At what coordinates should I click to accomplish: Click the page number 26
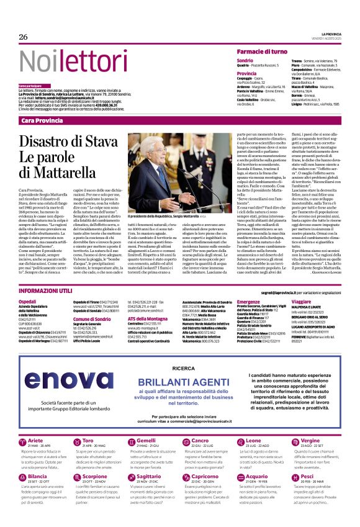pyautogui.click(x=24, y=37)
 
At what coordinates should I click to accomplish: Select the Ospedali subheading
pyautogui.click(x=28, y=302)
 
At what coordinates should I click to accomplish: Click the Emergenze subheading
pyautogui.click(x=248, y=302)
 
